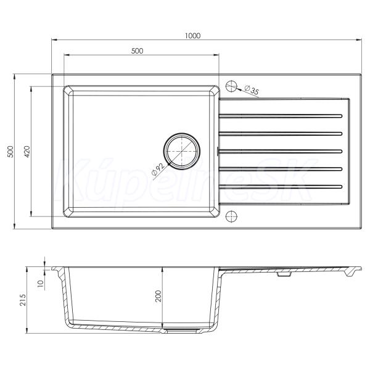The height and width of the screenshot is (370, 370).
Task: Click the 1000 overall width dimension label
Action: pos(192,36)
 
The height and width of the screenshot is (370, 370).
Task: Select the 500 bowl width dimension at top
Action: pos(137,51)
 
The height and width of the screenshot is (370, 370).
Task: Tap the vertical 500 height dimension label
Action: pos(10,152)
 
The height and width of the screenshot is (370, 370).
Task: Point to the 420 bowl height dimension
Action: pos(27,152)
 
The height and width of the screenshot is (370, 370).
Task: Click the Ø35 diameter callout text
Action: pos(252,89)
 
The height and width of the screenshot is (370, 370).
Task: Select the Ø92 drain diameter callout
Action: pos(158,169)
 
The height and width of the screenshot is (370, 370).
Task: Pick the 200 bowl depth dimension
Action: pos(158,296)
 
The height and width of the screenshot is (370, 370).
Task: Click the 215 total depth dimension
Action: pos(23,300)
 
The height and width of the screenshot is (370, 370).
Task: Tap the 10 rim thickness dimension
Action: pos(41,283)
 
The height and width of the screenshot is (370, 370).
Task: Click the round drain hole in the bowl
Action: pos(182,151)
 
